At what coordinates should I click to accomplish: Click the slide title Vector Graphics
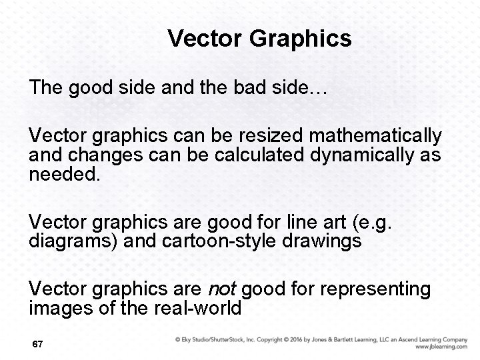(259, 39)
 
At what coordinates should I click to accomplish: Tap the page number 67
(37, 344)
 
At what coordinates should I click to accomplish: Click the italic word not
(223, 289)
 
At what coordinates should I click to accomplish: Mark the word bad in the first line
(260, 89)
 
